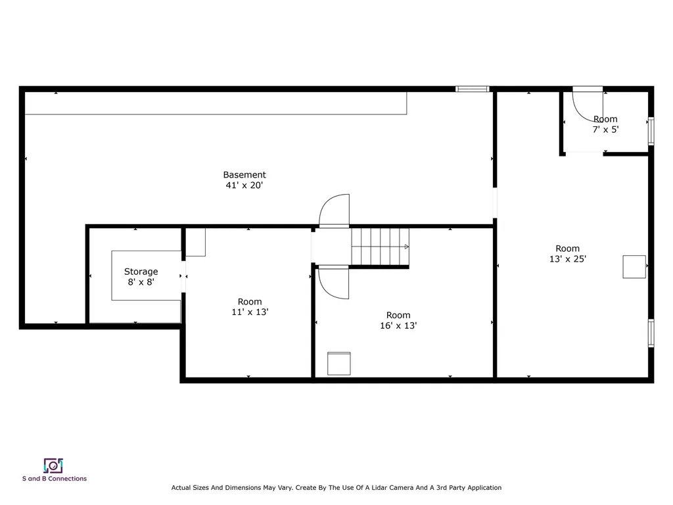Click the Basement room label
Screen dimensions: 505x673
244,175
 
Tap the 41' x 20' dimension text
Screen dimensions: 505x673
244,185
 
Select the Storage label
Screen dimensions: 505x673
141,272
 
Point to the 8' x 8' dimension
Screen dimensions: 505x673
141,282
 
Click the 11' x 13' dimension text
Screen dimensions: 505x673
250,312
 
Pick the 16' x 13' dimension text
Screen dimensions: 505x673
398,325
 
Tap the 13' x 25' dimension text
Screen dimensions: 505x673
568,259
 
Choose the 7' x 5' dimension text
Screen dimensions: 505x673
605,130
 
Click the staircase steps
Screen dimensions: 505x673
380,247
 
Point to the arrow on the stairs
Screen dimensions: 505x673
406,247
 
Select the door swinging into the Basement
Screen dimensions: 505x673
335,210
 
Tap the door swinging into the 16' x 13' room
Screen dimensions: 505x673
335,283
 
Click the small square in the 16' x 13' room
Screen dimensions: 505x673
338,364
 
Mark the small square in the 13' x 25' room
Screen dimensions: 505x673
634,266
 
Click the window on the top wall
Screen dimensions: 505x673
473,89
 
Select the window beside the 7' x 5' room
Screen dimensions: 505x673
651,130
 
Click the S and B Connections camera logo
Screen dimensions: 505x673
53,466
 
